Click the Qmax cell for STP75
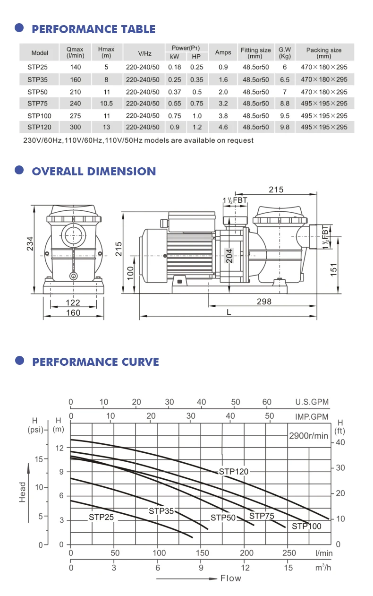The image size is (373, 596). pyautogui.click(x=75, y=104)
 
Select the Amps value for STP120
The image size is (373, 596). pyautogui.click(x=223, y=127)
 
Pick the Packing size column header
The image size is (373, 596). pyautogui.click(x=324, y=52)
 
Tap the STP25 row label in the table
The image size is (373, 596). pyautogui.click(x=37, y=67)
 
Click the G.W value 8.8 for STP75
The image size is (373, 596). pyautogui.click(x=284, y=104)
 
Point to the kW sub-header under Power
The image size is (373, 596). pyautogui.click(x=174, y=57)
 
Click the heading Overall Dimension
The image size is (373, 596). pyautogui.click(x=94, y=172)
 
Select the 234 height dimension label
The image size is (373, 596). pyautogui.click(x=30, y=243)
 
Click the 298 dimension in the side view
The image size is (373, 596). pyautogui.click(x=264, y=302)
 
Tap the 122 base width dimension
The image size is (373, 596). pyautogui.click(x=73, y=302)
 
